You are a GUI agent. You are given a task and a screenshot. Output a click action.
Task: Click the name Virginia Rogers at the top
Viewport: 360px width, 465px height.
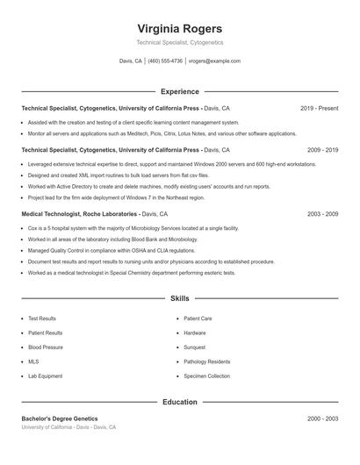[x=180, y=28]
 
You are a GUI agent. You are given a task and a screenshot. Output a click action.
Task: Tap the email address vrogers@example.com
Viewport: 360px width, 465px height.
[x=214, y=61]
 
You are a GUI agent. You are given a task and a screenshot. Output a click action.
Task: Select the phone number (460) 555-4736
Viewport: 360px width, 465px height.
[x=165, y=61]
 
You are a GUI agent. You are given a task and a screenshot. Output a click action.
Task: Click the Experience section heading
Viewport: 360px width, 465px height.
[x=180, y=91]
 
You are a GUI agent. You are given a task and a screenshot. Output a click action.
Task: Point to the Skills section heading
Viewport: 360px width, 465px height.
[x=180, y=299]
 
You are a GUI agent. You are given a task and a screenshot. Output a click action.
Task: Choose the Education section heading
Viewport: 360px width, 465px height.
[x=180, y=402]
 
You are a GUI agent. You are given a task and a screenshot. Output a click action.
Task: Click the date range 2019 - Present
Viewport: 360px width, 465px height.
[x=319, y=108]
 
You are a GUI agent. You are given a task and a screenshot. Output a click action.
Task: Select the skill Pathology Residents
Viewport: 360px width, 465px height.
[x=207, y=361]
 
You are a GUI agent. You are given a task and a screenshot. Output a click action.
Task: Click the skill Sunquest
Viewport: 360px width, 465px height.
[x=195, y=347]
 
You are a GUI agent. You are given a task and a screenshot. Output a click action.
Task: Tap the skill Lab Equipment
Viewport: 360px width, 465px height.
[x=45, y=376]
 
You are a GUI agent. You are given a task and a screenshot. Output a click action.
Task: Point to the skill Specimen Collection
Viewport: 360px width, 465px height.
[x=206, y=376]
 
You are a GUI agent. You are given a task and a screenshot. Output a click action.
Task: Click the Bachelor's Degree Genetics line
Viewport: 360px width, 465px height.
[x=60, y=418]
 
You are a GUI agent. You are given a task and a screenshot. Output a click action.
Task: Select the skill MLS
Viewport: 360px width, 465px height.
[x=33, y=361]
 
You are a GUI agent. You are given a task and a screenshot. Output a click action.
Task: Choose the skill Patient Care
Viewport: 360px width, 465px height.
[x=198, y=318]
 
